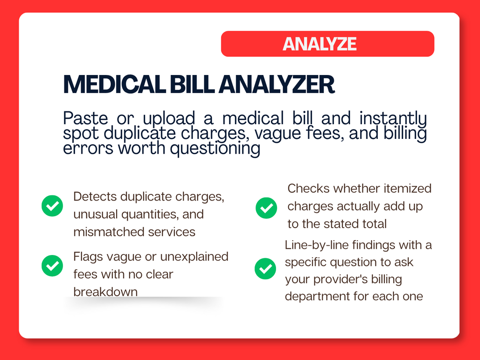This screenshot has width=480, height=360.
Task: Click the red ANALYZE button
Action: (328, 44)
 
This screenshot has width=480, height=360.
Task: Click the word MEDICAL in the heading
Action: (115, 84)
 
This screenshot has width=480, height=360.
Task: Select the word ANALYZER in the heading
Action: (277, 84)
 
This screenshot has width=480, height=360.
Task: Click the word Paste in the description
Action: (85, 118)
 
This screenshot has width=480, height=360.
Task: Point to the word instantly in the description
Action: (393, 119)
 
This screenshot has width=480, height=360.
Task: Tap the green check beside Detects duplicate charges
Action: (53, 206)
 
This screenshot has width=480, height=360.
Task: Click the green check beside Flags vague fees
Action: (53, 266)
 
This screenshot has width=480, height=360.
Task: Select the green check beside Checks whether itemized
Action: (267, 208)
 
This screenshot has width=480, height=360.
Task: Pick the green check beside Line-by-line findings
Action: (266, 269)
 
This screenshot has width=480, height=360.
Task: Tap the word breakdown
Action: (106, 292)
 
